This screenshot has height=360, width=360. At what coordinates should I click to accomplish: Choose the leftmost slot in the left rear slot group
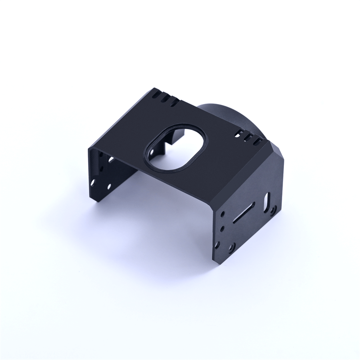(x=156, y=95)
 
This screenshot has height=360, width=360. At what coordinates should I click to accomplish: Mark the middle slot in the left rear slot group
(x=165, y=99)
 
